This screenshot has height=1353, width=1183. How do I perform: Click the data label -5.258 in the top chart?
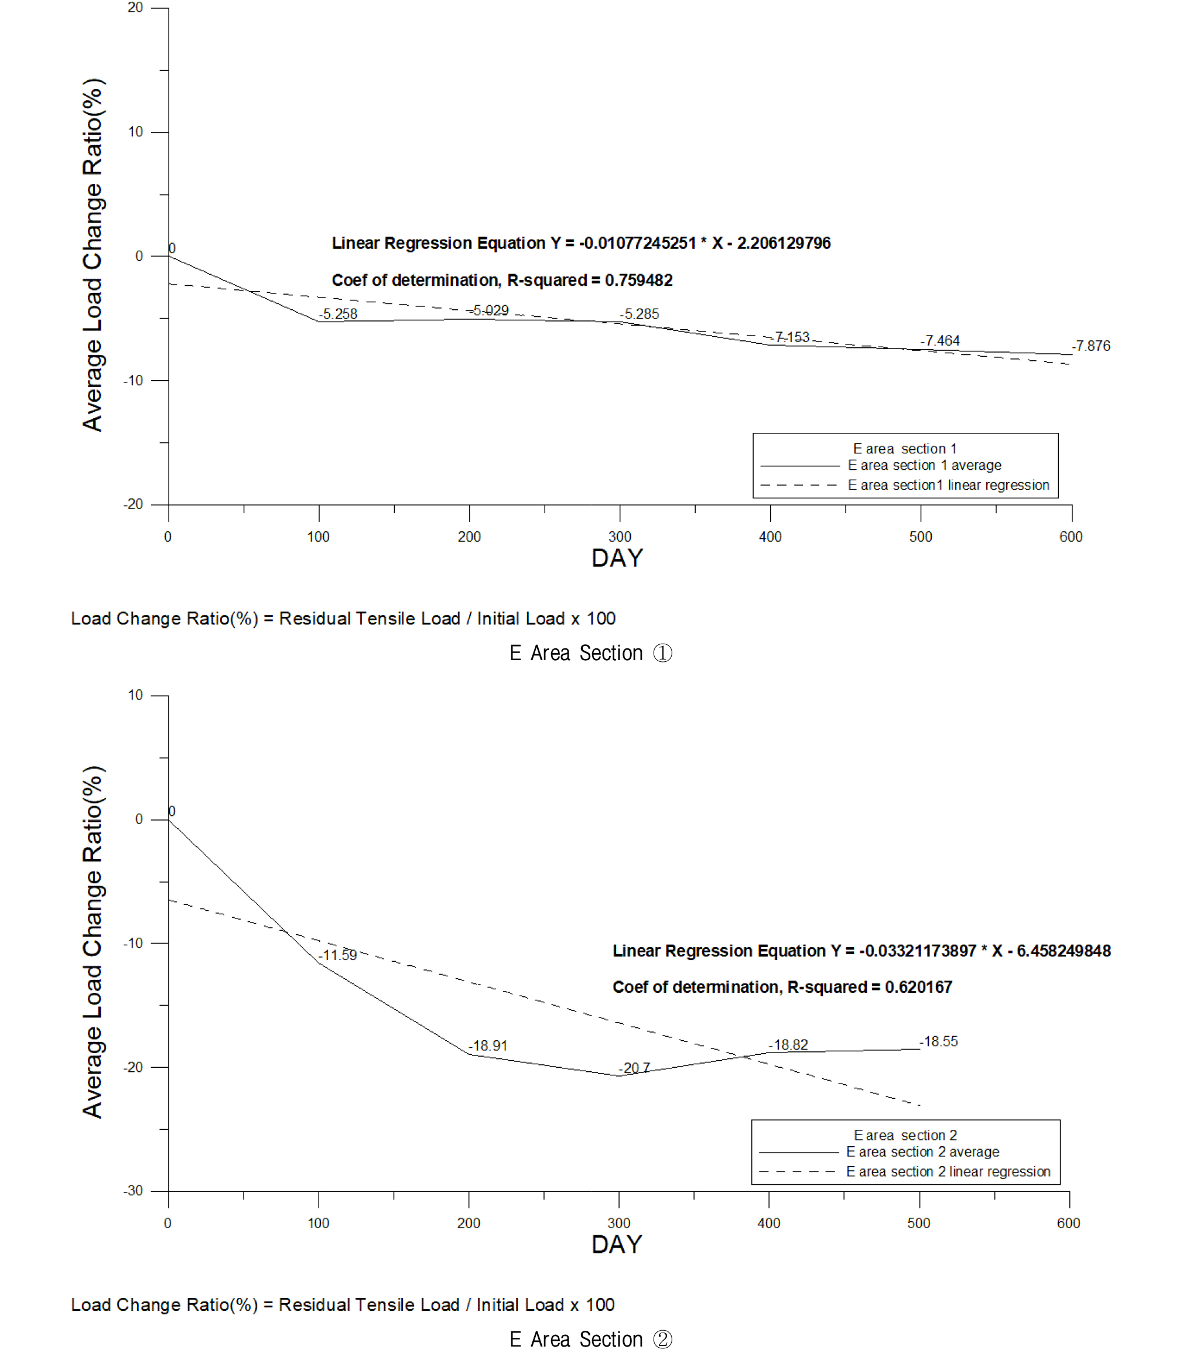pyautogui.click(x=339, y=314)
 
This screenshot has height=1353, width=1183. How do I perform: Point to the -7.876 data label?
pyautogui.click(x=1091, y=346)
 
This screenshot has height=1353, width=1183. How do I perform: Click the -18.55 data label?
pyautogui.click(x=939, y=1041)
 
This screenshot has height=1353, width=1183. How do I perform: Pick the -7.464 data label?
pyautogui.click(x=940, y=341)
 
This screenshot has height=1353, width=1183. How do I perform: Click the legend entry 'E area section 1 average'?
pyautogui.click(x=924, y=466)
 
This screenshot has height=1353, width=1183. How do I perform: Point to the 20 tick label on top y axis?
pyautogui.click(x=135, y=8)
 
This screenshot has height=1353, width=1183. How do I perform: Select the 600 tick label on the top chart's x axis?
pyautogui.click(x=1071, y=537)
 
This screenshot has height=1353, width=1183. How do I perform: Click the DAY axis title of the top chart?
pyautogui.click(x=617, y=559)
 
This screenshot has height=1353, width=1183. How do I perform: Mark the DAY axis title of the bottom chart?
pyautogui.click(x=617, y=1245)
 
